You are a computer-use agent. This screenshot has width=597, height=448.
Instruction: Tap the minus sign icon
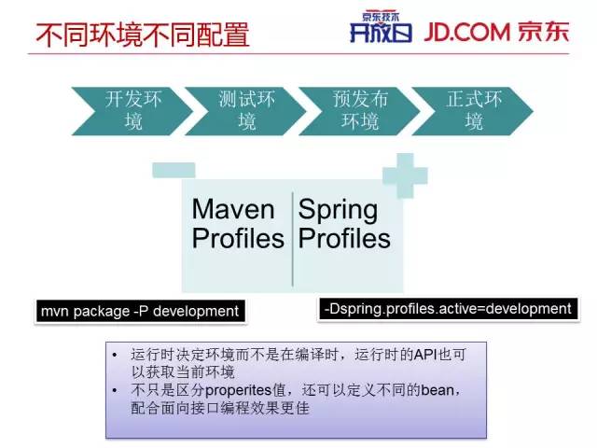pos(174,170)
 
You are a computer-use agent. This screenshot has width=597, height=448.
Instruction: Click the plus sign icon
pos(405,175)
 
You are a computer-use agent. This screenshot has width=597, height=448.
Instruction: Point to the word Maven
pos(233,209)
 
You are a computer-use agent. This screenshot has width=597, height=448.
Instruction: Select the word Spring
pos(338,209)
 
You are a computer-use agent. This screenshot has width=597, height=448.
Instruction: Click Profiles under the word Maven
pos(238,239)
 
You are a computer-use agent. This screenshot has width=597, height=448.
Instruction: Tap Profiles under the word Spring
pos(344,239)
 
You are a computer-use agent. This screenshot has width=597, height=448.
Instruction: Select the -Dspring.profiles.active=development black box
pos(447,309)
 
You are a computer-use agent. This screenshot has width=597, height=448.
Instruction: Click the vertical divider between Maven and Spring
pos(293,237)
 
